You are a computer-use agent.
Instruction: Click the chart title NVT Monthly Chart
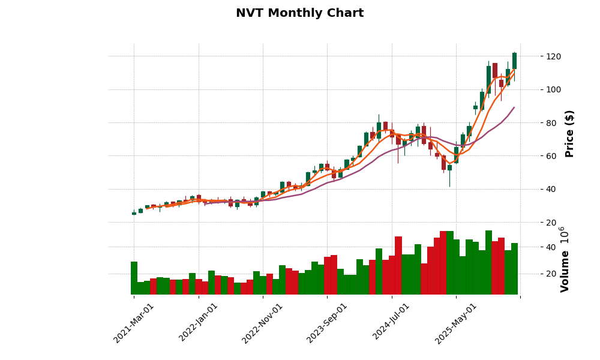pos(299,13)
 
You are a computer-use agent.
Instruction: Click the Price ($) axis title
pos(569,133)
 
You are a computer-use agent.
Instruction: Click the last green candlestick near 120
pos(514,61)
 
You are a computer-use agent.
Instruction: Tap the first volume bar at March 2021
pos(134,278)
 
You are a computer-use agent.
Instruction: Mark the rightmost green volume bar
pos(514,269)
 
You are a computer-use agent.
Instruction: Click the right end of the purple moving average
pos(514,107)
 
